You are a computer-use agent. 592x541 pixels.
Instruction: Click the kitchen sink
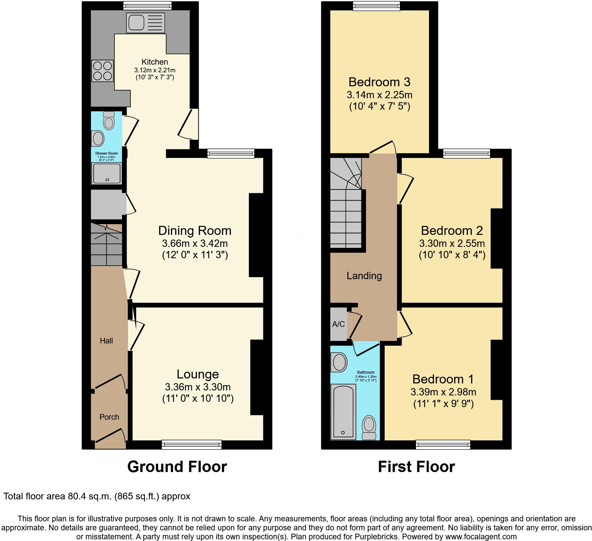point(146,23)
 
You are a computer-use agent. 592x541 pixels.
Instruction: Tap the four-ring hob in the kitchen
point(102,71)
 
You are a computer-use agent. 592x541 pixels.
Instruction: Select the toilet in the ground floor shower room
point(109,120)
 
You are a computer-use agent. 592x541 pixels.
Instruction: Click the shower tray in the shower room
point(107,173)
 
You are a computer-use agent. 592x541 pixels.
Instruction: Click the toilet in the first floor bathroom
point(369,427)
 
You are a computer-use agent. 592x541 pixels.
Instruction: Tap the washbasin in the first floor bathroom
point(339,362)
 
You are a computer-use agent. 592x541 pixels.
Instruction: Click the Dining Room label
point(195,231)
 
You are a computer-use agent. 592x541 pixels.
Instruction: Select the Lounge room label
point(198,374)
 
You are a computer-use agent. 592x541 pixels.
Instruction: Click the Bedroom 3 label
point(379,82)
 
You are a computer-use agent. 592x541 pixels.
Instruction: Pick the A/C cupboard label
point(338,324)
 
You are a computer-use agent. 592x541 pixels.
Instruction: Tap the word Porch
point(109,417)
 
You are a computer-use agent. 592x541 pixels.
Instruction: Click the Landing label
point(364,276)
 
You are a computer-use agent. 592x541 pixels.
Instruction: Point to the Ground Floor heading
point(177,467)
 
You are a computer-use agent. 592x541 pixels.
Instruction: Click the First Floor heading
point(416,467)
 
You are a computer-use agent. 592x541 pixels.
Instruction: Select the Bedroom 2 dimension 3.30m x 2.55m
point(452,243)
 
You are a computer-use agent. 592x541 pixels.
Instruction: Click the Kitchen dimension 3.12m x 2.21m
point(155,70)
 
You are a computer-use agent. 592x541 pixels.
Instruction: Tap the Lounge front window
point(192,444)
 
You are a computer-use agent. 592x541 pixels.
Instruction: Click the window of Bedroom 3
point(377,5)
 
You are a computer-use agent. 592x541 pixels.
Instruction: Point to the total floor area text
point(97,497)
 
